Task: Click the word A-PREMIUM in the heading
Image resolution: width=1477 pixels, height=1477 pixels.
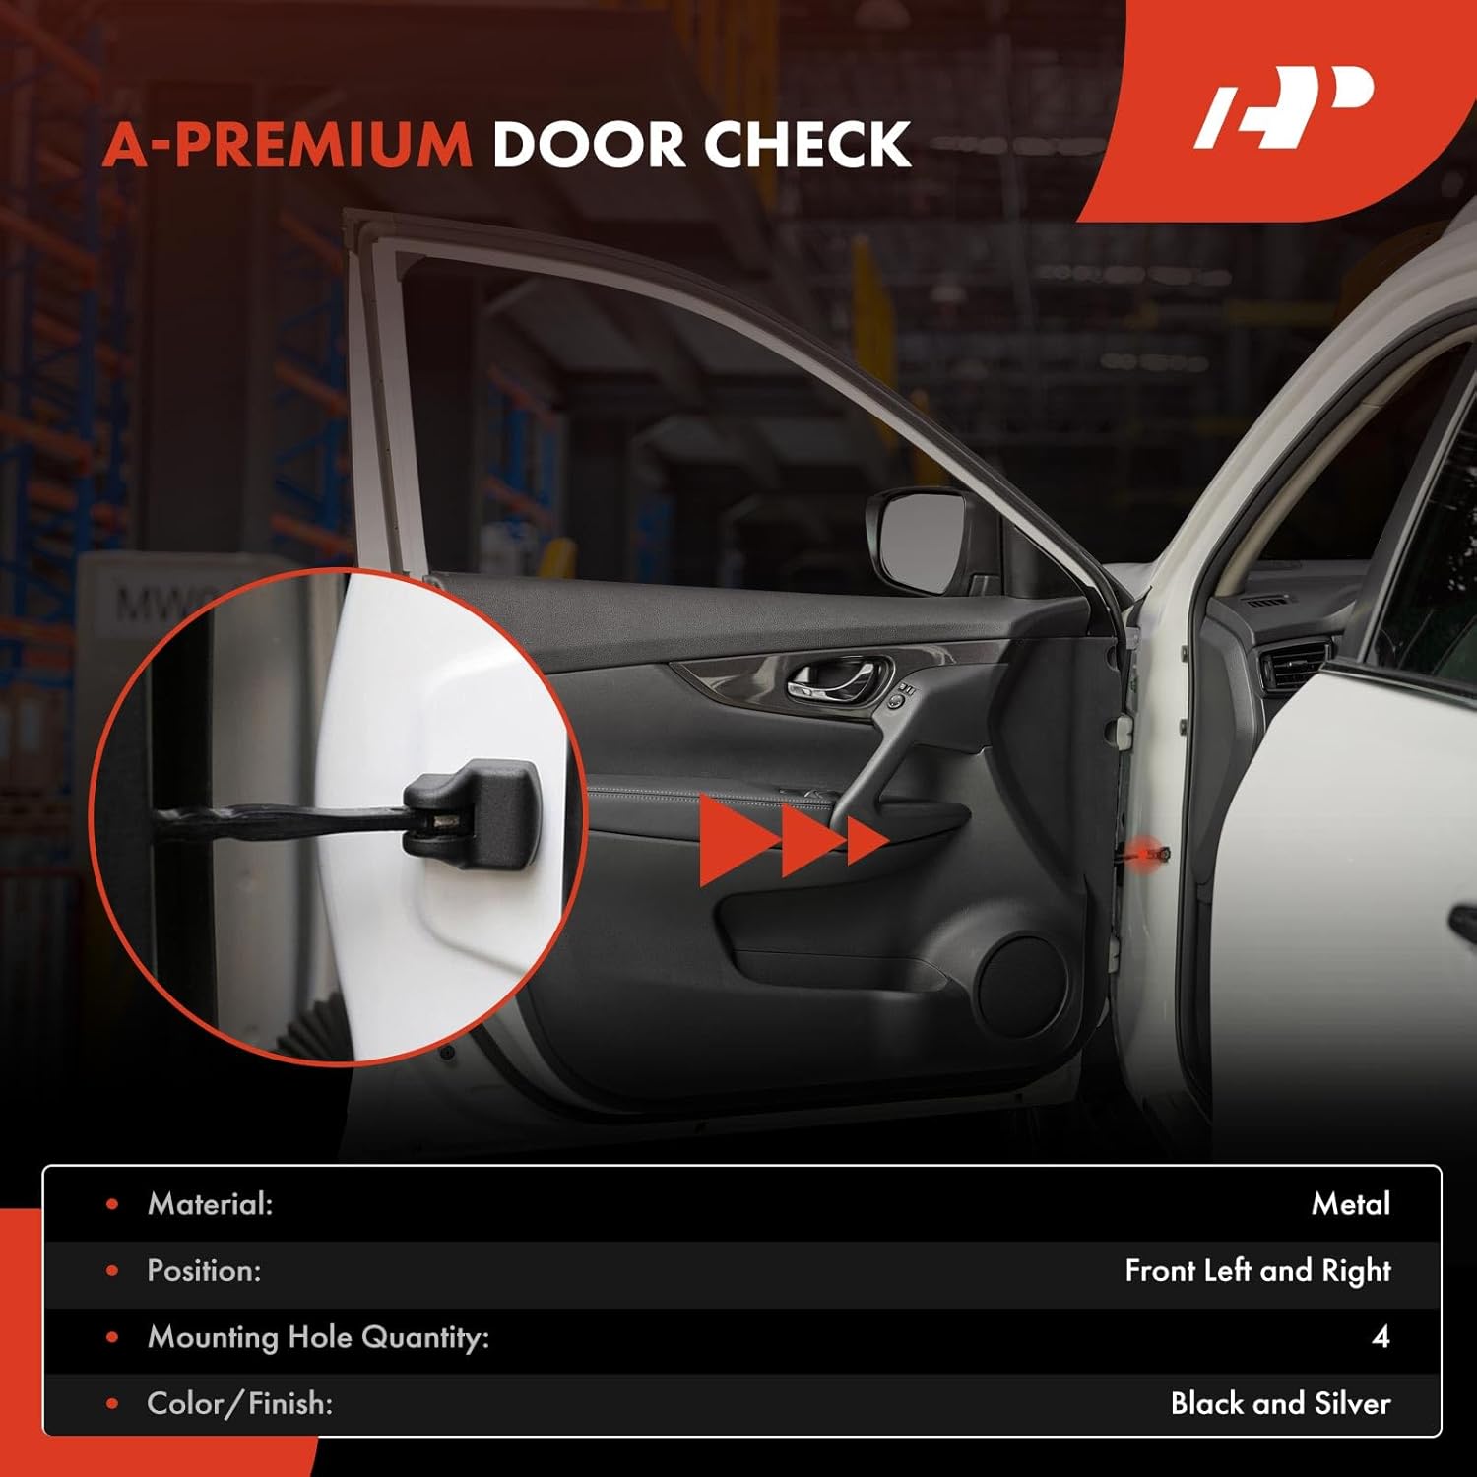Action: [x=288, y=145]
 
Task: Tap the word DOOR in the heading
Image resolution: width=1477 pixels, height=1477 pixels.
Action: [x=587, y=145]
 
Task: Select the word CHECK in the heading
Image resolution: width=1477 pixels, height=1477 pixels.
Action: [x=806, y=145]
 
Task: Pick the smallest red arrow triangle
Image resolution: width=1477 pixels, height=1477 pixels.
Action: [x=866, y=843]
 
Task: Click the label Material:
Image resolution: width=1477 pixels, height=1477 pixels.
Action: [x=210, y=1204]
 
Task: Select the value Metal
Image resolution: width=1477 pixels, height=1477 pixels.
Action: [x=1350, y=1204]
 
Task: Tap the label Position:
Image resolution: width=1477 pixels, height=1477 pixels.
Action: [x=204, y=1271]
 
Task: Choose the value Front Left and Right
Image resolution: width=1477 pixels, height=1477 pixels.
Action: [x=1257, y=1271]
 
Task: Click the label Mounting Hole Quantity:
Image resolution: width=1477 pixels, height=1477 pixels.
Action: [x=318, y=1337]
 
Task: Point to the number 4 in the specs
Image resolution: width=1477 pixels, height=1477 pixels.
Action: [x=1381, y=1337]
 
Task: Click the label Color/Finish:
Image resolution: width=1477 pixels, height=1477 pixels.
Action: [x=239, y=1403]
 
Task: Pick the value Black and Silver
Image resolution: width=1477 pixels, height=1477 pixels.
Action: [x=1280, y=1403]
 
